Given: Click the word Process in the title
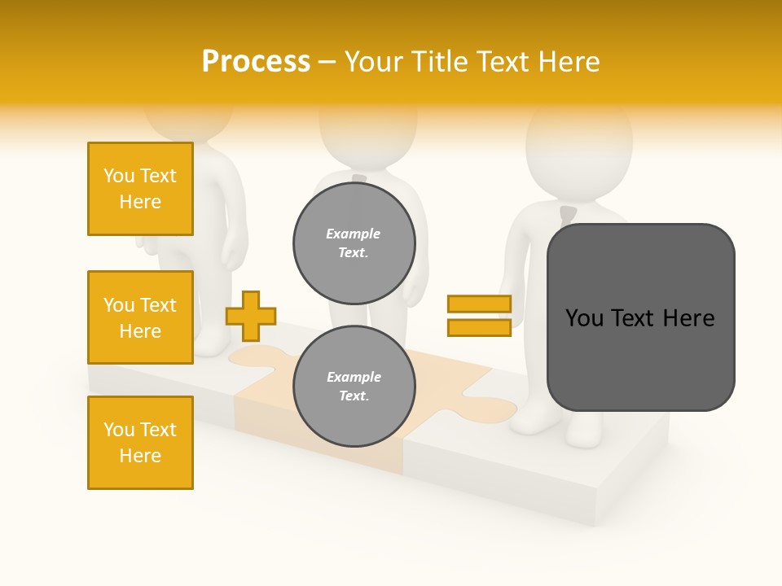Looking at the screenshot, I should click(256, 62).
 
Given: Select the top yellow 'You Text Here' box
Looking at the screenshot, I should click(140, 189).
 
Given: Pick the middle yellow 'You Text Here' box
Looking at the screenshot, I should click(140, 317).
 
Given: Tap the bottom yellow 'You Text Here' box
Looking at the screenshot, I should click(140, 443).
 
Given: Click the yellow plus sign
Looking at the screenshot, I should click(251, 316).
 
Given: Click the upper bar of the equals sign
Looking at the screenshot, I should click(479, 304).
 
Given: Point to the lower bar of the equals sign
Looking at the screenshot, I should click(479, 328).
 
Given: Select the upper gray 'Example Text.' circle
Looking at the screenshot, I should click(354, 243).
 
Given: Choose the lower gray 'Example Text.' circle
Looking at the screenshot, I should click(354, 386).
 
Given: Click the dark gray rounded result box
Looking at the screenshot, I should click(640, 317).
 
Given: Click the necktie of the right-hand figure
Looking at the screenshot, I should click(568, 216).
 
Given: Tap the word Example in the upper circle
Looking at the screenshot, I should click(353, 234).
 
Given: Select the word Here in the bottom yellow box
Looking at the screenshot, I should click(140, 456).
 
